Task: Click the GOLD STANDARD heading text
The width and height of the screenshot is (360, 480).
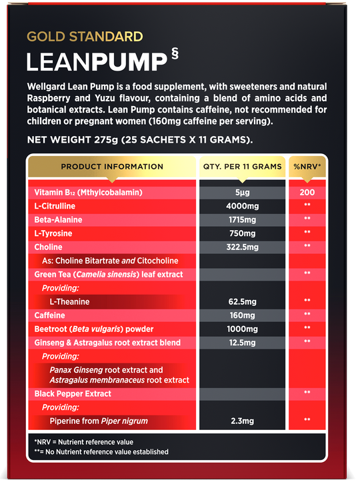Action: pos(84,37)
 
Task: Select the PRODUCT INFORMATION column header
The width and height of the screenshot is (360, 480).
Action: pos(111,167)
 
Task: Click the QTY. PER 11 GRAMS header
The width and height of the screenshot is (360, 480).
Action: pos(242,167)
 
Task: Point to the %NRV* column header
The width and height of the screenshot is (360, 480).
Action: pos(307,167)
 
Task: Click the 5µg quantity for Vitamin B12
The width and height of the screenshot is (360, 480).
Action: pos(242,193)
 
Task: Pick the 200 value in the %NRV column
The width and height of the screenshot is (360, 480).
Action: pos(307,193)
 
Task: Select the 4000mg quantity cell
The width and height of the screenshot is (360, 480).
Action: pos(242,206)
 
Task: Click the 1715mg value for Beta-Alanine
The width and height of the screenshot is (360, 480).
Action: pos(242,219)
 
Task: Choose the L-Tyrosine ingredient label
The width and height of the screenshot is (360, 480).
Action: pos(53,233)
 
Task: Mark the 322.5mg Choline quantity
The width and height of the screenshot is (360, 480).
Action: pos(242,247)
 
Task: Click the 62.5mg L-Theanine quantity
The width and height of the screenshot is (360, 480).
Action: pos(242,301)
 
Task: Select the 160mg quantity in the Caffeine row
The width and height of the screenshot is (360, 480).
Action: pos(242,315)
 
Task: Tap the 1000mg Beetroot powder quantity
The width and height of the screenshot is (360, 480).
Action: pos(242,329)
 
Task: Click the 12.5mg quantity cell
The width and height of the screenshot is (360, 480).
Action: pos(242,343)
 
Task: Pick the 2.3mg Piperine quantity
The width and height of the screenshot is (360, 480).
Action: pos(242,421)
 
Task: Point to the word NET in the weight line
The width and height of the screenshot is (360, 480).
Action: pos(37,140)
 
